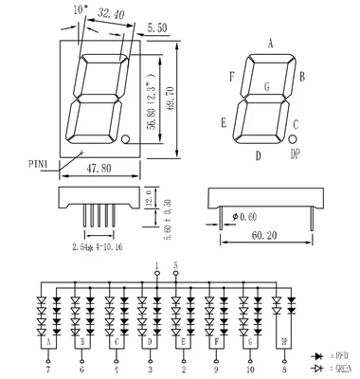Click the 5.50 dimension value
156,30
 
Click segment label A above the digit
271,44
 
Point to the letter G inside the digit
267,86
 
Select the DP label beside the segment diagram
296,153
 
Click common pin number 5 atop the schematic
175,264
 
